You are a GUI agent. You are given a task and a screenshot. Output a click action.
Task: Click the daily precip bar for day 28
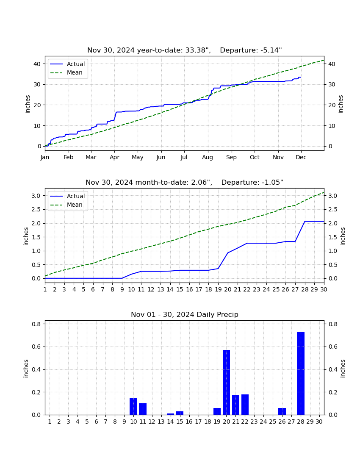pyautogui.click(x=301, y=373)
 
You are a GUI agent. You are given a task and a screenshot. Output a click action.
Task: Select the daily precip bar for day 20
pyautogui.click(x=226, y=382)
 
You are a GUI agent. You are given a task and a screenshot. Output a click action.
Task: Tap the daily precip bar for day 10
pyautogui.click(x=133, y=406)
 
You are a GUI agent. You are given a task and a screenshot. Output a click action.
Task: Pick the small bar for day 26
pyautogui.click(x=282, y=411)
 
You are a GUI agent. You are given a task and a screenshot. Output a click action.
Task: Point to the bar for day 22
pyautogui.click(x=245, y=405)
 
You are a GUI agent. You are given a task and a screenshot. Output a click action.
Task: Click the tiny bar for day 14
pyautogui.click(x=171, y=414)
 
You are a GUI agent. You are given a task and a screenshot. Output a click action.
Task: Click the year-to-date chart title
pyautogui.click(x=185, y=50)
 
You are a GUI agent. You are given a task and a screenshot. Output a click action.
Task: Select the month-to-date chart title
pyautogui.click(x=185, y=182)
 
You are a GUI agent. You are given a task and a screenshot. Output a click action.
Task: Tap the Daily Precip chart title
pyautogui.click(x=185, y=314)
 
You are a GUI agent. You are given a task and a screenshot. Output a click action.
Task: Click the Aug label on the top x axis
pyautogui.click(x=208, y=157)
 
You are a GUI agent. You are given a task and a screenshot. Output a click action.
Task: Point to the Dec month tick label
pyautogui.click(x=301, y=157)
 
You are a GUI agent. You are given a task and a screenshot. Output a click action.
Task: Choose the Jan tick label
pyautogui.click(x=45, y=157)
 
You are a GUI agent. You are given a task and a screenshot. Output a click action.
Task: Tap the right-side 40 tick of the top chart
pyautogui.click(x=332, y=64)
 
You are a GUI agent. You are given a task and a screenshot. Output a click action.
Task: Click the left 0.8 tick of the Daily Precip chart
pyautogui.click(x=36, y=324)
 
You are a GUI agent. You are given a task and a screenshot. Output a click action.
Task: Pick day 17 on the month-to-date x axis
pyautogui.click(x=199, y=289)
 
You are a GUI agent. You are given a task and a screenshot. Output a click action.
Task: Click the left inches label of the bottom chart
pyautogui.click(x=26, y=369)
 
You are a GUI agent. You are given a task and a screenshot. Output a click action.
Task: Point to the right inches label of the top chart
pyautogui.click(x=341, y=104)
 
